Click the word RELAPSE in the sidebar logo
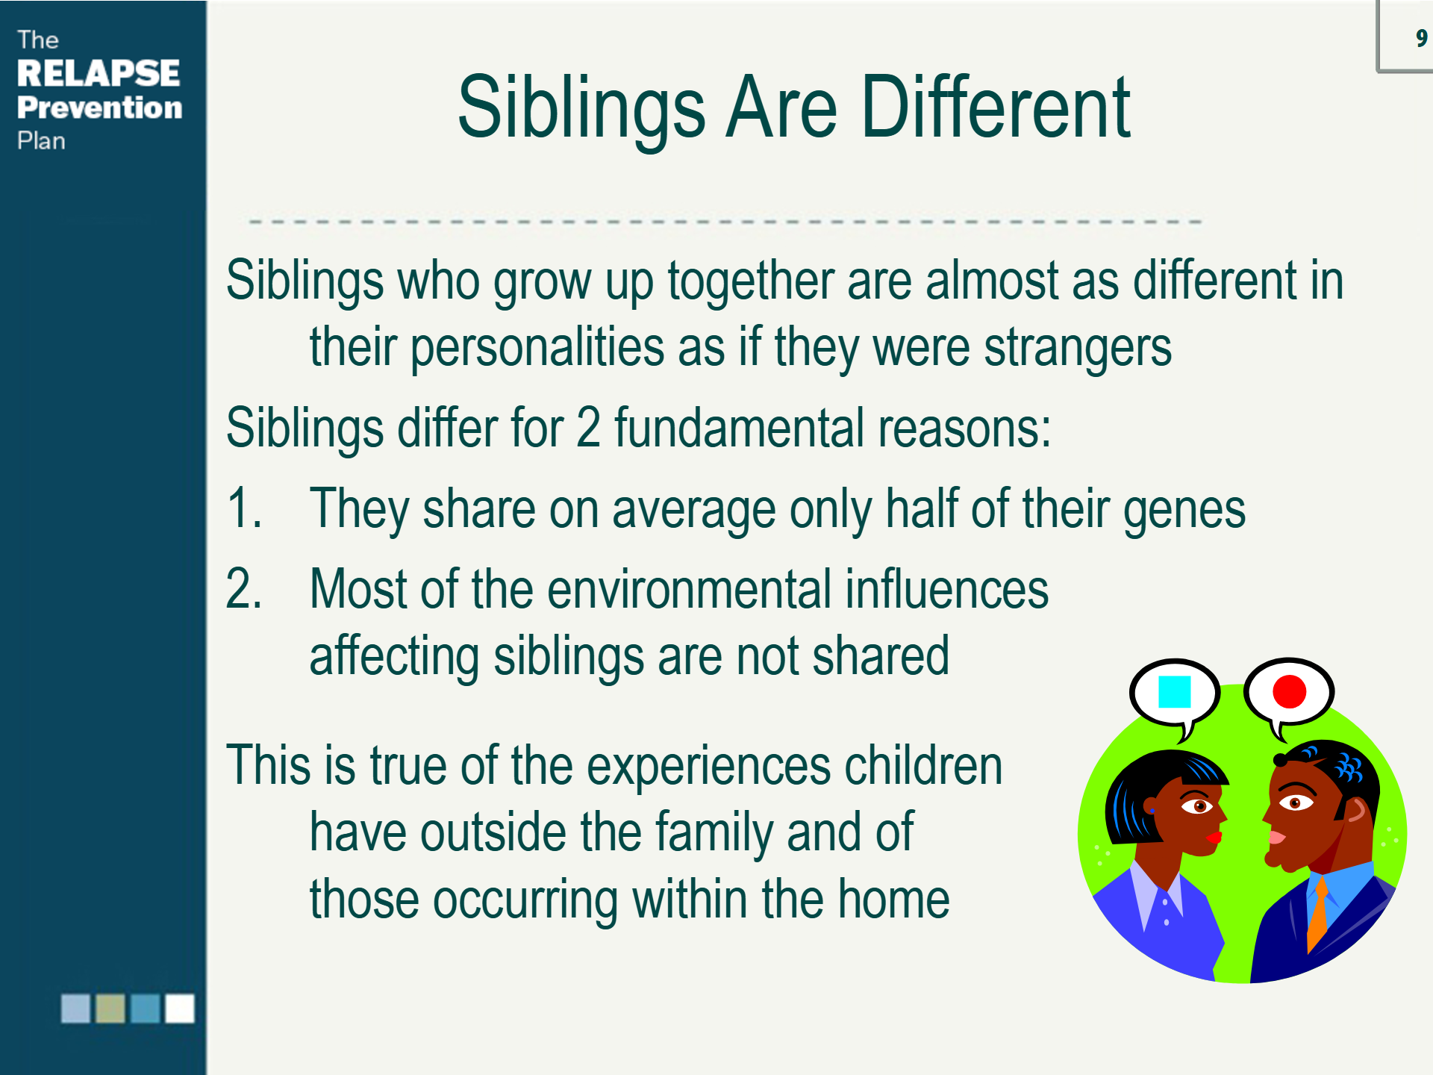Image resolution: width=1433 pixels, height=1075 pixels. pos(99,73)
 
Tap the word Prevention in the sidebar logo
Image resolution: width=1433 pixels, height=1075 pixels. pos(100,107)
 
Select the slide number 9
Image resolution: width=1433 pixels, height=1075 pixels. pos(1421,37)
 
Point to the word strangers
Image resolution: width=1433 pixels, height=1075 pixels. pos(1078,348)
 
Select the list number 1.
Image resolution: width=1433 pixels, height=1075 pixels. pos(243,508)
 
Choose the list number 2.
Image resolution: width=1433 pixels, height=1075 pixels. pos(243,589)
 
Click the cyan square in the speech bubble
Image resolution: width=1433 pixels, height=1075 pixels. pos(1174,691)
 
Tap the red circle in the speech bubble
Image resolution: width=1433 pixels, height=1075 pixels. pos(1289,691)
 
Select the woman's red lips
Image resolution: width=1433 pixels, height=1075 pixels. pos(1214,837)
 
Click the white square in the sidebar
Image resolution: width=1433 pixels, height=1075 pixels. pos(180,1008)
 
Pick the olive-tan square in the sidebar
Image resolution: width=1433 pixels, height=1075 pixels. pos(110,1008)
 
